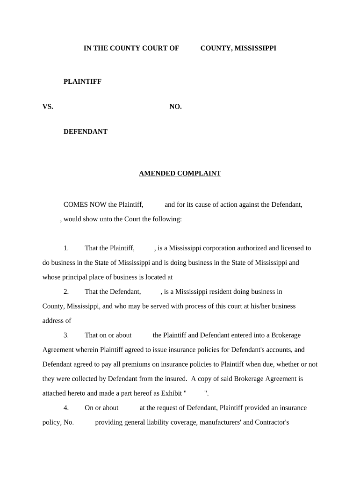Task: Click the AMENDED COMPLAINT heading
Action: coord(180,174)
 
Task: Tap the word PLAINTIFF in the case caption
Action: coord(82,81)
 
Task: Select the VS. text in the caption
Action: coord(48,107)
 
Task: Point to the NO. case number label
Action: coord(175,107)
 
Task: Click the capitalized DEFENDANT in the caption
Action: coord(85,131)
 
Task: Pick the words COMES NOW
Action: coord(85,204)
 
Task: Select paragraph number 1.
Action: coord(66,248)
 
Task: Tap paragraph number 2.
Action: coord(66,291)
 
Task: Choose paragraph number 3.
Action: coord(66,335)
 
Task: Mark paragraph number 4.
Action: coord(66,407)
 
